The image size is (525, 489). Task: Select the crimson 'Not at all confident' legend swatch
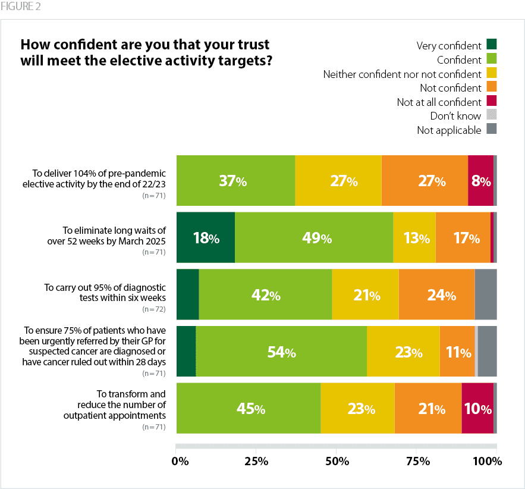tap(492, 101)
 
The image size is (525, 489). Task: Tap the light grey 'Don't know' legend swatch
tap(492, 115)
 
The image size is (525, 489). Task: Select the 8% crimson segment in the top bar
tap(480, 181)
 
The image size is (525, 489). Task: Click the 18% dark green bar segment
tap(206, 238)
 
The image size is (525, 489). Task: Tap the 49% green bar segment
tap(314, 238)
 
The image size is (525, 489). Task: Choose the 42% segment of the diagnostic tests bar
tap(265, 295)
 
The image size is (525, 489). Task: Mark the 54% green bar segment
tap(281, 352)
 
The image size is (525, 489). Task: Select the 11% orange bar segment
tap(457, 352)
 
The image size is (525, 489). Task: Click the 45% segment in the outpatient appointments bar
tap(250, 409)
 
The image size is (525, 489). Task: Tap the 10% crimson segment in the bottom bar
tap(477, 409)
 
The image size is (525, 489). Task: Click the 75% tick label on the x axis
tap(417, 461)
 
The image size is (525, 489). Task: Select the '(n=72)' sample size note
tap(153, 310)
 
